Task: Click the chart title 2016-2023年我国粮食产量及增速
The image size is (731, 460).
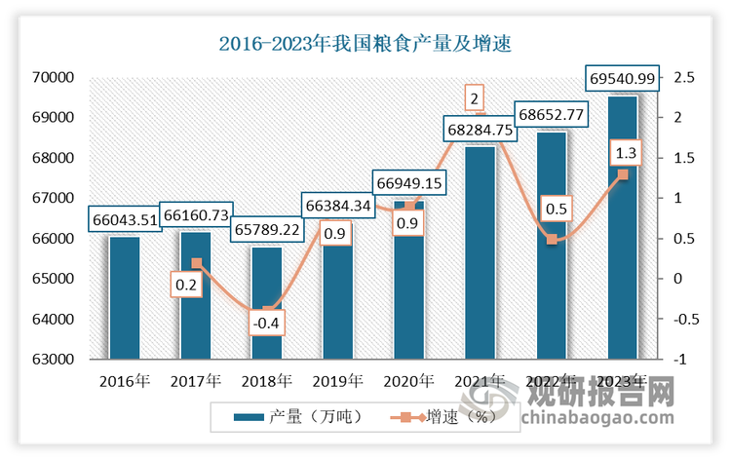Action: coord(365,43)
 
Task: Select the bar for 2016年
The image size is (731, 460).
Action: coord(124,297)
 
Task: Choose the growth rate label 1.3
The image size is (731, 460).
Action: coord(624,153)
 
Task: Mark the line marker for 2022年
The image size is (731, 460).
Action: coord(552,239)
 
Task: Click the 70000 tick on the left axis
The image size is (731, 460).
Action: coord(54,77)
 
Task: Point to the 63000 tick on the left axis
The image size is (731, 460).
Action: coord(54,360)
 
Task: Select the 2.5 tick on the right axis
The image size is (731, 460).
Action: coord(683,77)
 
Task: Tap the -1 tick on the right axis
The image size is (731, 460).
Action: coord(678,360)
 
